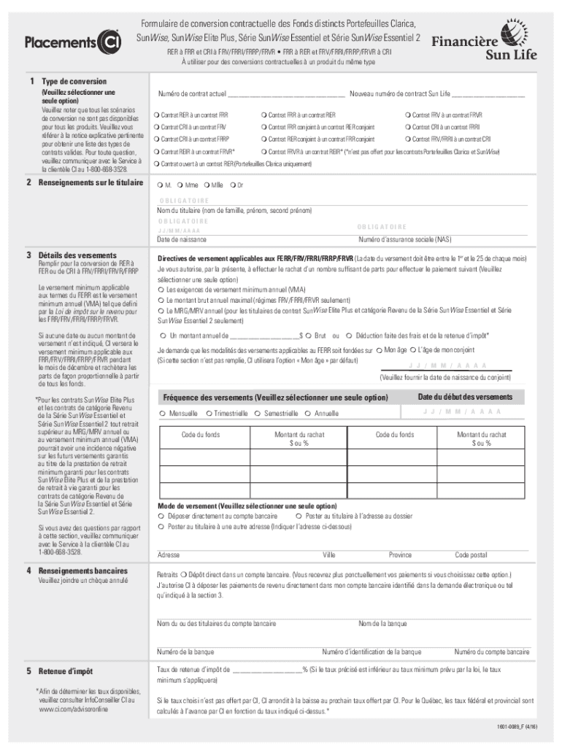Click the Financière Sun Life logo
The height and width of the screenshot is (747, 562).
coord(485,45)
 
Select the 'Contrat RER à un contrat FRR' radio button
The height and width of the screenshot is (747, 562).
coord(157,115)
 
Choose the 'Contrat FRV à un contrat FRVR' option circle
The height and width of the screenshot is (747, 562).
coord(407,115)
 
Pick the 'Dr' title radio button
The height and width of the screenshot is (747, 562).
coord(232,185)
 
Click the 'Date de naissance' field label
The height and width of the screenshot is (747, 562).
coord(182,239)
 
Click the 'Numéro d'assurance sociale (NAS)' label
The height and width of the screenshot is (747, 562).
coord(404,239)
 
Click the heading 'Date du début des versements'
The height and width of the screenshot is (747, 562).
coord(464,397)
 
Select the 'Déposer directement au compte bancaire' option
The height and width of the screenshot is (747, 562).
coord(162,516)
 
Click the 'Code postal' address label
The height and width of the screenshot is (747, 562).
coord(471,555)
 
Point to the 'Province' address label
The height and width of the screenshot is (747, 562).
coord(400,555)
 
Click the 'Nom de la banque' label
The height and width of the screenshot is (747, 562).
coord(382,624)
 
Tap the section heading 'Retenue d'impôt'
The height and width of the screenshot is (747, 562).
coord(66,670)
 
